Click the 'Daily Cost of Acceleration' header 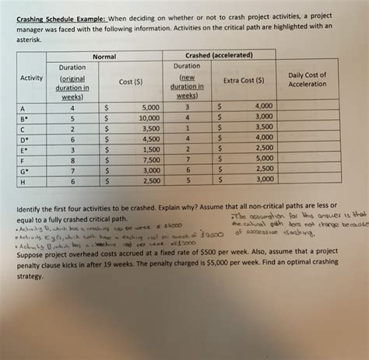[x=307, y=79]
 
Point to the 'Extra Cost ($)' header [x=244, y=79]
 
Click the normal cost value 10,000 [x=149, y=117]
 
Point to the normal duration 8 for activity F [x=72, y=159]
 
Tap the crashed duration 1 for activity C [x=187, y=127]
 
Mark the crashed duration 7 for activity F [x=187, y=159]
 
